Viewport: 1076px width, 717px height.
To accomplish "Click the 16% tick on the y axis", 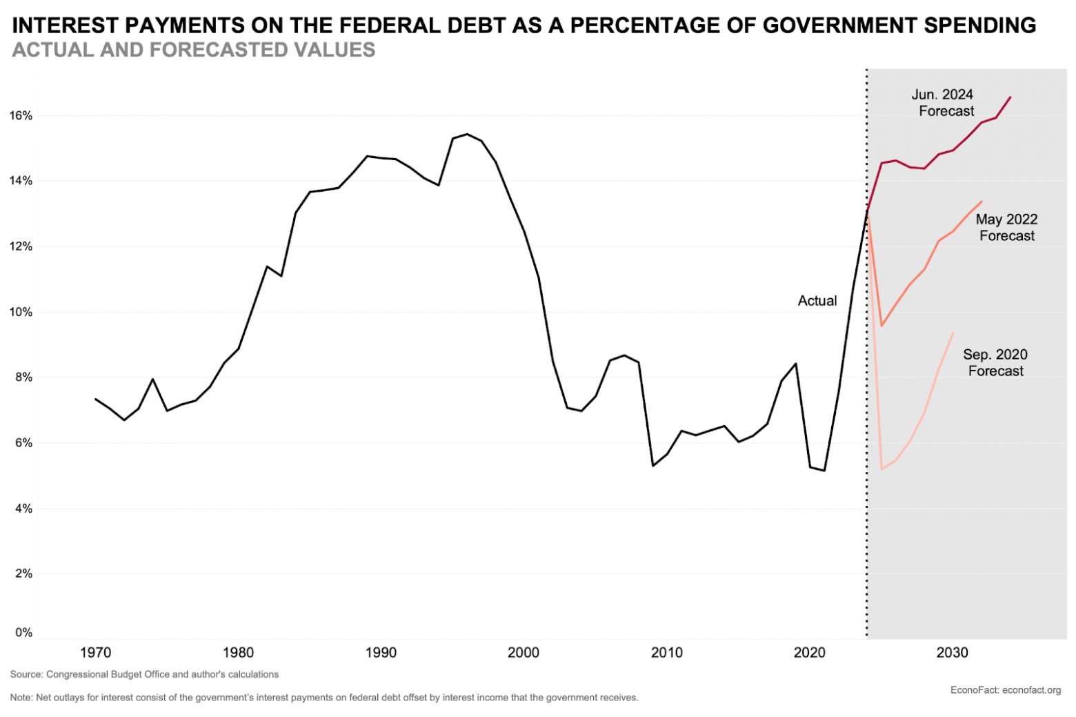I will [21, 116].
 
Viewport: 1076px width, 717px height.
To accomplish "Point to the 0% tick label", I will [23, 632].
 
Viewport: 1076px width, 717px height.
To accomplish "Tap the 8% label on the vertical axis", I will [23, 377].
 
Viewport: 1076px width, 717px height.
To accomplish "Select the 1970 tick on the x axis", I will [95, 652].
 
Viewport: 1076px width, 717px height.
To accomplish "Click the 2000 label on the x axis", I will [524, 652].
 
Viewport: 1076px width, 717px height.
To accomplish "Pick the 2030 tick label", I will [952, 652].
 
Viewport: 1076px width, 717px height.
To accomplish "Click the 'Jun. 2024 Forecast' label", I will [944, 103].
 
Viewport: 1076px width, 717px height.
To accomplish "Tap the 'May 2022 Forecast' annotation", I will [1006, 228].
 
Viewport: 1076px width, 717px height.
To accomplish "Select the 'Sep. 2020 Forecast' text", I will [995, 363].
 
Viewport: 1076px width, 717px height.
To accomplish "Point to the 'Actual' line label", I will [817, 301].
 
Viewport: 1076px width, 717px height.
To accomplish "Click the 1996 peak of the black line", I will [467, 134].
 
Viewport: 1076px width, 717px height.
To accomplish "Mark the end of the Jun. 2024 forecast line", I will [1010, 97].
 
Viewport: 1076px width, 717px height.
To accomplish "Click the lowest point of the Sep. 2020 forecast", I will [881, 469].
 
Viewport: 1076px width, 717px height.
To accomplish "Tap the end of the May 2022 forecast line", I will [982, 202].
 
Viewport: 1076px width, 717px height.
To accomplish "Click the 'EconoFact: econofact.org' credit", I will [1005, 690].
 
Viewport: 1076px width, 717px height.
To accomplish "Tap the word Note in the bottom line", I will [21, 698].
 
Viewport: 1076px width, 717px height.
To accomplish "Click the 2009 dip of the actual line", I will [653, 466].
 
